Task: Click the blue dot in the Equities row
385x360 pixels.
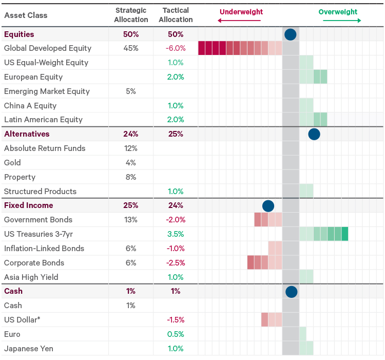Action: (291, 34)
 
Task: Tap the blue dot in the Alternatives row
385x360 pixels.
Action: (314, 135)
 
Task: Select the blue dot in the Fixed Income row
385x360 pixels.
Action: (268, 206)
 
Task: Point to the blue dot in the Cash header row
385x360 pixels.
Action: (291, 292)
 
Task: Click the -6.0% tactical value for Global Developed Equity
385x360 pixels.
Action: (175, 48)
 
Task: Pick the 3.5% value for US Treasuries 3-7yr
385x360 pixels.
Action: (175, 234)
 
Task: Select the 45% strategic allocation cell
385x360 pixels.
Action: (131, 48)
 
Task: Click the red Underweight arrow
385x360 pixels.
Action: (239, 21)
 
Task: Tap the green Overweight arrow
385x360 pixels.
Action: (341, 21)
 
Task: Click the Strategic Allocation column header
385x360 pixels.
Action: (131, 15)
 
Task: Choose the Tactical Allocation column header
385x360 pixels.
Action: (176, 15)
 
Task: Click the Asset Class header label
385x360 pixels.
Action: (26, 15)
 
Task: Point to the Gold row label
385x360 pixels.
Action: (12, 163)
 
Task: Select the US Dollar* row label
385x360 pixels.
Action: (22, 320)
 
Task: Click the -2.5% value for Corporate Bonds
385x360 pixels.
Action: (175, 263)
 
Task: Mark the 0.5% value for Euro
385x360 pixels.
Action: (175, 334)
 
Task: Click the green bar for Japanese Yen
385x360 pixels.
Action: (306, 349)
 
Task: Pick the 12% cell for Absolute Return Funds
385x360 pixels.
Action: (131, 148)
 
